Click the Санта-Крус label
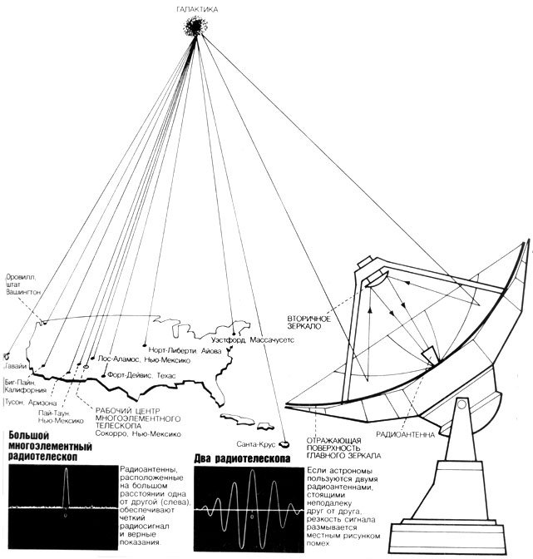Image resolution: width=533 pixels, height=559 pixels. [254, 445]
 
